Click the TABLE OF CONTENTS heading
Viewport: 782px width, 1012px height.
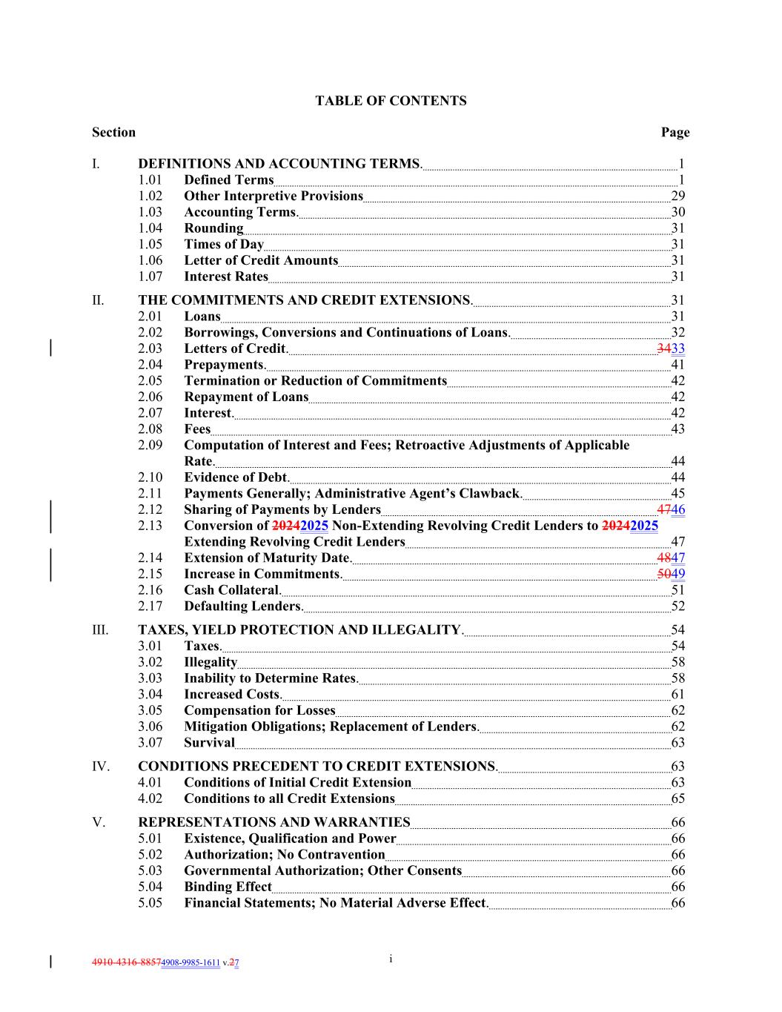(x=391, y=101)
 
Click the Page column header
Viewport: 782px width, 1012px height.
(x=675, y=133)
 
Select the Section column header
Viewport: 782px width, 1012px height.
(x=113, y=133)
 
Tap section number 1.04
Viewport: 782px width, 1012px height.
(x=150, y=228)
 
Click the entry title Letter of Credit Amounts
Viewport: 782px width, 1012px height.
(x=261, y=260)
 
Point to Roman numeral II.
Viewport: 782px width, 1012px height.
(x=98, y=300)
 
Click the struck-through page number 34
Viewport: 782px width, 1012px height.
(x=663, y=348)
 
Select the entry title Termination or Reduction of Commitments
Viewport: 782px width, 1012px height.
(x=315, y=381)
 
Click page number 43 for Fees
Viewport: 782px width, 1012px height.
(x=677, y=429)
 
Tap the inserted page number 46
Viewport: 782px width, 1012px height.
(x=678, y=509)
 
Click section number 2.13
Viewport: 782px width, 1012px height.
(x=150, y=526)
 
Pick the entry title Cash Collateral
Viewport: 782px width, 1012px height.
(x=232, y=590)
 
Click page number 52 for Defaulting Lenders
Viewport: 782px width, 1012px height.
(x=677, y=606)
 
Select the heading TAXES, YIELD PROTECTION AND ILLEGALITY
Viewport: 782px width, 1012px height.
(x=300, y=630)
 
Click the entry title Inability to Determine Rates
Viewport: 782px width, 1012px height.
(x=271, y=678)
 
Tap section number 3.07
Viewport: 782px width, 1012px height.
(x=150, y=743)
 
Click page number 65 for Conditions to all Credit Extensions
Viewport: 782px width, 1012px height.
(x=677, y=798)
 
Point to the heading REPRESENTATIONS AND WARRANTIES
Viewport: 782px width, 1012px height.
(x=274, y=822)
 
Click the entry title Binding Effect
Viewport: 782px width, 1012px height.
(x=228, y=887)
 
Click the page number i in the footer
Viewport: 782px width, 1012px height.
(x=391, y=959)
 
